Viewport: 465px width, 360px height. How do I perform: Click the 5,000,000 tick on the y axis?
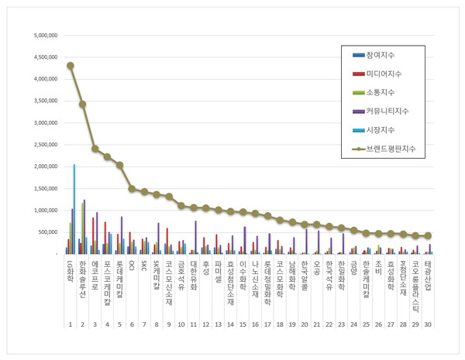click(45, 36)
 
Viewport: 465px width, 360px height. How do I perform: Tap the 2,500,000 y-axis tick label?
click(45, 145)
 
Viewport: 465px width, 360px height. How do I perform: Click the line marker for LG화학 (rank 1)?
click(71, 66)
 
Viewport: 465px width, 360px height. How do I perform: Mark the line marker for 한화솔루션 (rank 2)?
click(82, 104)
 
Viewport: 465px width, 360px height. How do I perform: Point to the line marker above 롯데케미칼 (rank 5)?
click(119, 165)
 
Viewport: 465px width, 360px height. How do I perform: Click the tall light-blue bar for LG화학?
click(74, 209)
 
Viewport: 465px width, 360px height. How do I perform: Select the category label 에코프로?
click(95, 273)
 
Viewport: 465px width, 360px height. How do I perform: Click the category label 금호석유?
click(181, 273)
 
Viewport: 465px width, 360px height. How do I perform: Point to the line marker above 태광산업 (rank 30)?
click(427, 235)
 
